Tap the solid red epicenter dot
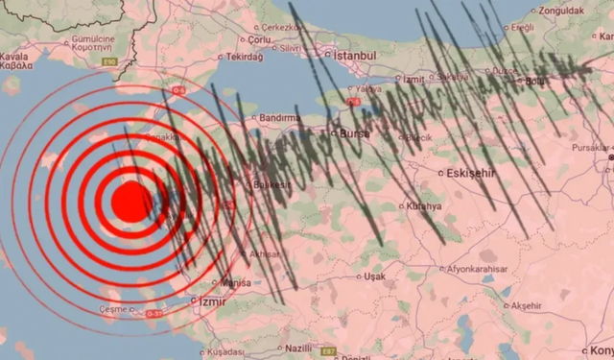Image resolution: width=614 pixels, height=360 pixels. coord(128,202)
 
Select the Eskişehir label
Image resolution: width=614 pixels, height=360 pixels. coord(470,174)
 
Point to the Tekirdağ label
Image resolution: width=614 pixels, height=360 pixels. coord(243,57)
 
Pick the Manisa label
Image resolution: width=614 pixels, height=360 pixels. coord(235,283)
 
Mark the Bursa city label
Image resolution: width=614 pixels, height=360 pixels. coord(348,133)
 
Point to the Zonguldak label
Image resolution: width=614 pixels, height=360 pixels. coord(561,12)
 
